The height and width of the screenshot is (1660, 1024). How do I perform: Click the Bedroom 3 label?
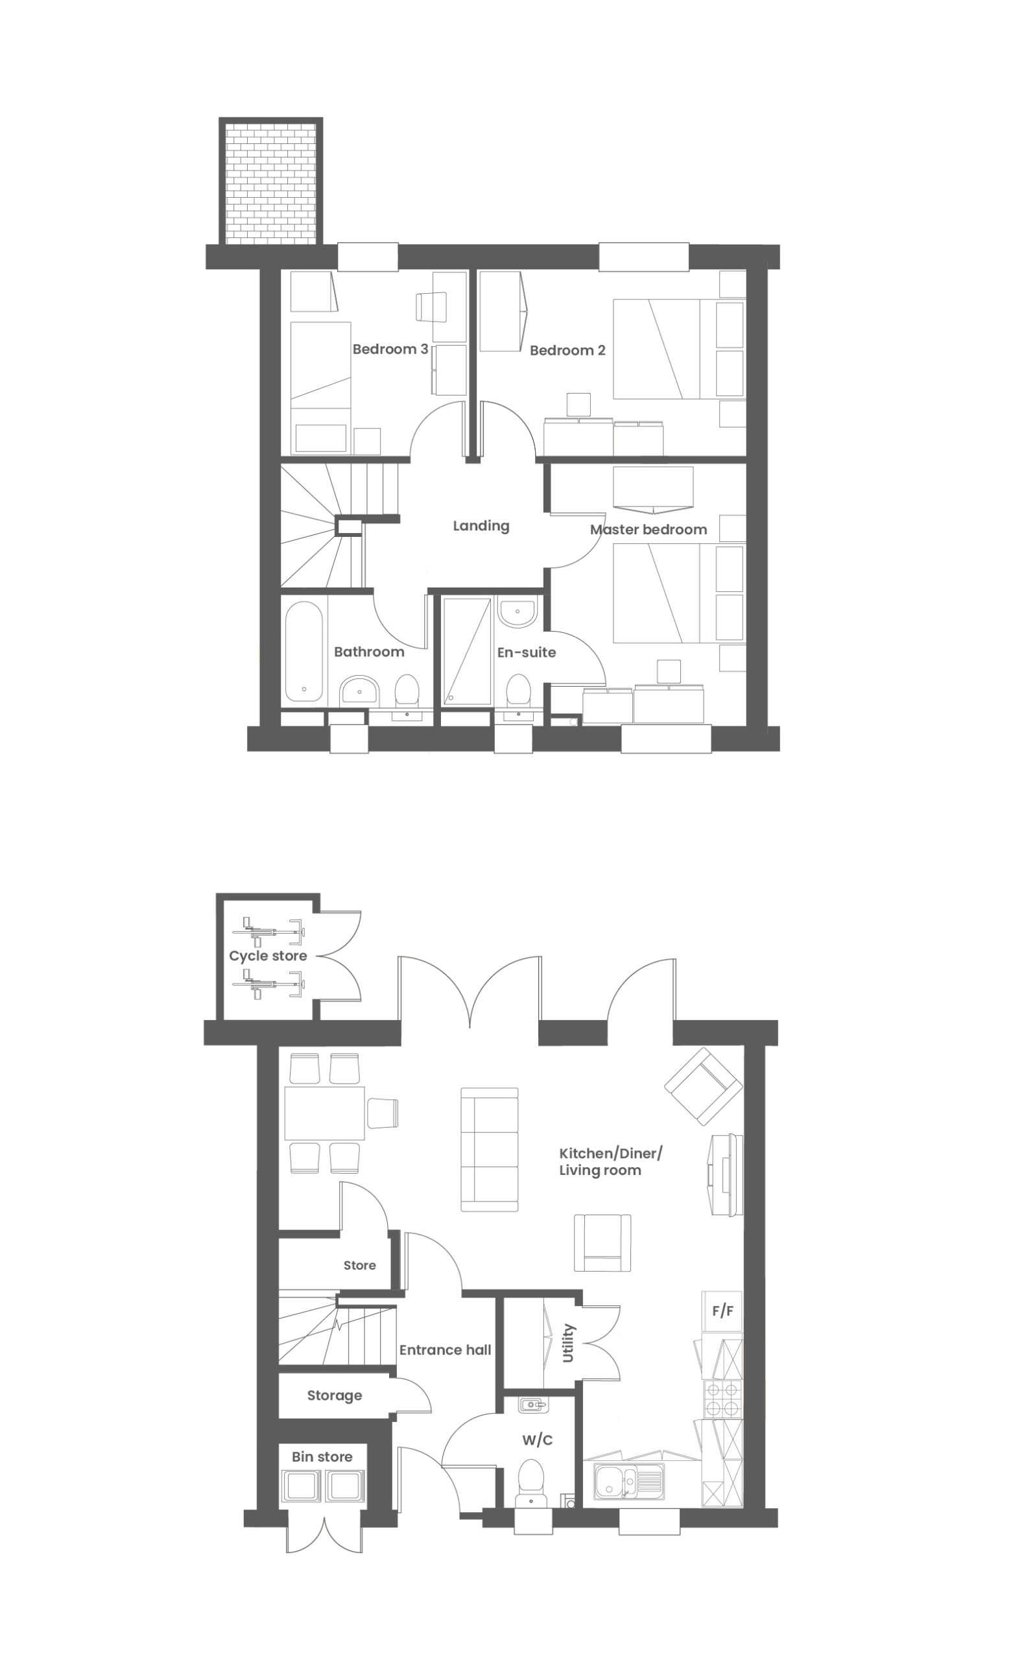pyautogui.click(x=390, y=350)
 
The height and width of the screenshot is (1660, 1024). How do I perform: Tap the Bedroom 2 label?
pyautogui.click(x=567, y=351)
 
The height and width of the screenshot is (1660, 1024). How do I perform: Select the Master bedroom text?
pyautogui.click(x=648, y=529)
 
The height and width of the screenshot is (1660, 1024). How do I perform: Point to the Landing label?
pyautogui.click(x=481, y=526)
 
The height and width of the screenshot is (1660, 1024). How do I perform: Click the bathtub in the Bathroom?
pyautogui.click(x=304, y=652)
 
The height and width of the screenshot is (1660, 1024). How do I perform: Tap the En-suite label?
pyautogui.click(x=526, y=652)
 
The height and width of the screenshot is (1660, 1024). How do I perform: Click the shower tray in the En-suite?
pyautogui.click(x=467, y=652)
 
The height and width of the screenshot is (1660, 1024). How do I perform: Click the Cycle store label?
pyautogui.click(x=268, y=956)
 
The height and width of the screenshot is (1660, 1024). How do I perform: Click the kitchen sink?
pyautogui.click(x=630, y=1481)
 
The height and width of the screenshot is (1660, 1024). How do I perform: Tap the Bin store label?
pyautogui.click(x=322, y=1457)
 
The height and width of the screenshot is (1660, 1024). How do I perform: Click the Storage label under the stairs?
pyautogui.click(x=335, y=1395)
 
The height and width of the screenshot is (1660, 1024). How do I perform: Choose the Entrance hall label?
pyautogui.click(x=445, y=1350)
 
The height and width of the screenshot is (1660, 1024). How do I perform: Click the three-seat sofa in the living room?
pyautogui.click(x=490, y=1150)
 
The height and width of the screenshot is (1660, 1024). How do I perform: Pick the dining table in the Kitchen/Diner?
pyautogui.click(x=325, y=1113)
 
